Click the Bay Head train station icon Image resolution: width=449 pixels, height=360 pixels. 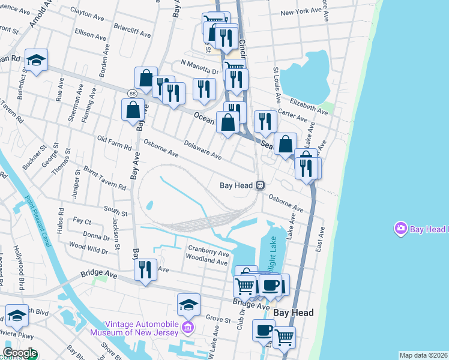(260, 185)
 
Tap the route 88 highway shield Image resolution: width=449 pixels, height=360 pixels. (131, 92)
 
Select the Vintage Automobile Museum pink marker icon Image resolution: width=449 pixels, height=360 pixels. (188, 328)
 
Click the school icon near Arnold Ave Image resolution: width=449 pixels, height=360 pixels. (36, 60)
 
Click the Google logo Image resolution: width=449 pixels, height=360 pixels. (19, 353)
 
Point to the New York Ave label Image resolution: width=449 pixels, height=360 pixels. (301, 11)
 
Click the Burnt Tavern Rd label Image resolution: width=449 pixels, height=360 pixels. (104, 178)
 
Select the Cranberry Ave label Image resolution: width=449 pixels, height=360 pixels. (208, 253)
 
